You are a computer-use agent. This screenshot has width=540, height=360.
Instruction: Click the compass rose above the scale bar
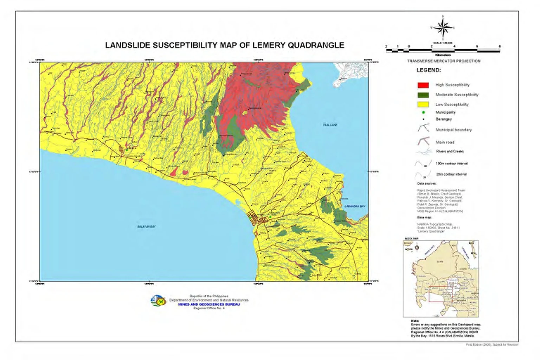(x=443, y=27)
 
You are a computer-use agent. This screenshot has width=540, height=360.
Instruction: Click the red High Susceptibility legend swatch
(x=423, y=85)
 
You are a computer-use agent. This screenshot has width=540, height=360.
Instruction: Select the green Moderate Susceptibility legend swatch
(x=423, y=95)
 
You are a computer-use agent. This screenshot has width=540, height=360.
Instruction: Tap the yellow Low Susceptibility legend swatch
(x=423, y=104)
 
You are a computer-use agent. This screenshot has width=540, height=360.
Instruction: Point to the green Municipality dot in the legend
(x=423, y=112)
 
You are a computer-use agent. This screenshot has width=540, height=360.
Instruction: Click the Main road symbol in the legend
(x=423, y=142)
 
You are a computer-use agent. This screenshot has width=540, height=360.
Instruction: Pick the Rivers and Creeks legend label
(x=450, y=152)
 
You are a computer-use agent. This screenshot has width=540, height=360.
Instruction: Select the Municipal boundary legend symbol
(x=423, y=129)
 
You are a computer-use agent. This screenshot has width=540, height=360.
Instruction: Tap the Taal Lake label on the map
(x=330, y=125)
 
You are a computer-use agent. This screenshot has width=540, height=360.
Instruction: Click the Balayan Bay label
(x=146, y=227)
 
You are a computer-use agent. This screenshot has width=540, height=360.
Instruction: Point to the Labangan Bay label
(x=354, y=206)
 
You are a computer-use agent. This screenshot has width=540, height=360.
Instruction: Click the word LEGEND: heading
(x=429, y=70)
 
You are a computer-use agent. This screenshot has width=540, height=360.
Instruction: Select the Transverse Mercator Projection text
(x=443, y=61)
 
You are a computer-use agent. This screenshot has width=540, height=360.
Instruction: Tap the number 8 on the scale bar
(x=499, y=46)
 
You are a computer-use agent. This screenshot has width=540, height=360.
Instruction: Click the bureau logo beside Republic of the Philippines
(x=158, y=301)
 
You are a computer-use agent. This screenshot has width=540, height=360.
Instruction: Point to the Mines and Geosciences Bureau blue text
(x=209, y=304)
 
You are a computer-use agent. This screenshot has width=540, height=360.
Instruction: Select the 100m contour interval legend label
(x=451, y=164)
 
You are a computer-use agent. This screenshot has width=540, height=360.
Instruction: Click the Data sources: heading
(x=426, y=184)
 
